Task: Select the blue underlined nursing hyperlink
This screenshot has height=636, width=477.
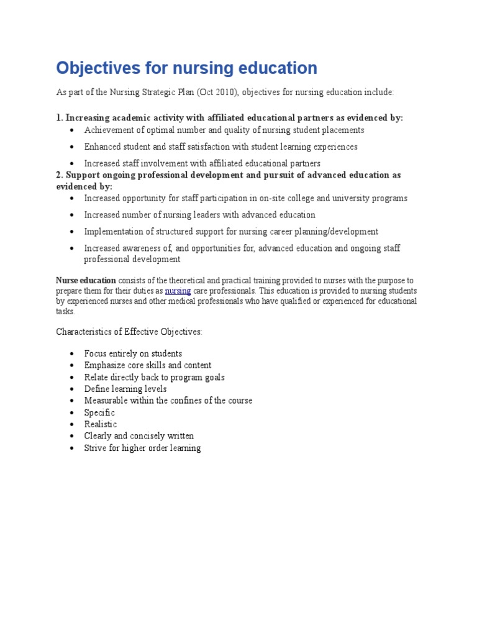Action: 178,291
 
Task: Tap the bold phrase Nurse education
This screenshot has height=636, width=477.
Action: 86,280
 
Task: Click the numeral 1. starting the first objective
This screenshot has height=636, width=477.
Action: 60,118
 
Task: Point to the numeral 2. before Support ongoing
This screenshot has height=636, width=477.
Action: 60,175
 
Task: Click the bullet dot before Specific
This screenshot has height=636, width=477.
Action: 73,413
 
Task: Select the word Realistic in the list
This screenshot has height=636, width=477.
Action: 101,424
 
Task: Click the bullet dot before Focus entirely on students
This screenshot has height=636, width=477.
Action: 73,354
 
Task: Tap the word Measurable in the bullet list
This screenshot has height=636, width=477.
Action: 106,401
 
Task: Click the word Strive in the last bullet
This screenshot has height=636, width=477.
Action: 96,448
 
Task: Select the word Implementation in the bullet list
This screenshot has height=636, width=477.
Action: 116,232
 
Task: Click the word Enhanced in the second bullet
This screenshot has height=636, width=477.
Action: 103,147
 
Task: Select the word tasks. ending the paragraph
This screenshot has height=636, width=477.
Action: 65,311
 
